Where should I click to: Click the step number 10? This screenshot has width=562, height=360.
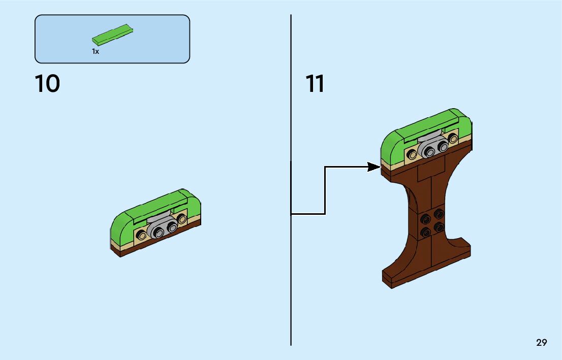pos(47,84)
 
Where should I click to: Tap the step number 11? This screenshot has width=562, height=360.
pos(315,84)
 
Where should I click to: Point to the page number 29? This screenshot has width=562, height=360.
pos(541,343)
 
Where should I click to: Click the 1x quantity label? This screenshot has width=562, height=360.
pos(95,51)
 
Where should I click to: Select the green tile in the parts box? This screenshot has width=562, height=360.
pos(113,35)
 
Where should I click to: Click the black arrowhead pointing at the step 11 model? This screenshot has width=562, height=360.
pos(373,167)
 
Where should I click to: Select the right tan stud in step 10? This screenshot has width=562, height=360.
pos(181,219)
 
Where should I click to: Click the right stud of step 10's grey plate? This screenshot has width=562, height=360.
pos(172,228)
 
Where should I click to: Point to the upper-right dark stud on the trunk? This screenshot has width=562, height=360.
pos(438,215)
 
